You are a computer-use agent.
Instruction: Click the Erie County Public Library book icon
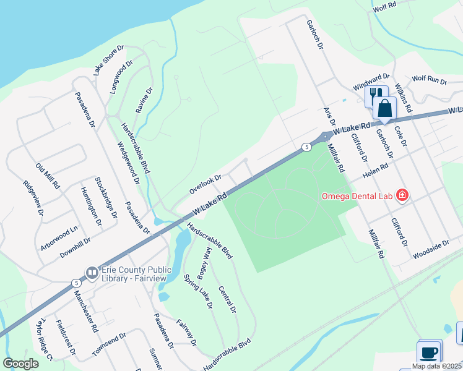[x=92, y=272]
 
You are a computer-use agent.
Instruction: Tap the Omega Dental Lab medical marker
[x=402, y=196]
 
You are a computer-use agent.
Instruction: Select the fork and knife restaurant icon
[x=375, y=94]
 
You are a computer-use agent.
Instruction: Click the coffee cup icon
[x=429, y=353]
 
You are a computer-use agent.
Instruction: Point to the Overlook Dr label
[x=206, y=183]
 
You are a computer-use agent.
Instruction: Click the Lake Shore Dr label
[x=109, y=60]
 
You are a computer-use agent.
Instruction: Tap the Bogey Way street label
[x=205, y=260]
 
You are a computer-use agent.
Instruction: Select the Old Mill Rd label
[x=48, y=176]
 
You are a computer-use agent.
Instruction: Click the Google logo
[x=21, y=364]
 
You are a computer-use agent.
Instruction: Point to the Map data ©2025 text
[x=436, y=366]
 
